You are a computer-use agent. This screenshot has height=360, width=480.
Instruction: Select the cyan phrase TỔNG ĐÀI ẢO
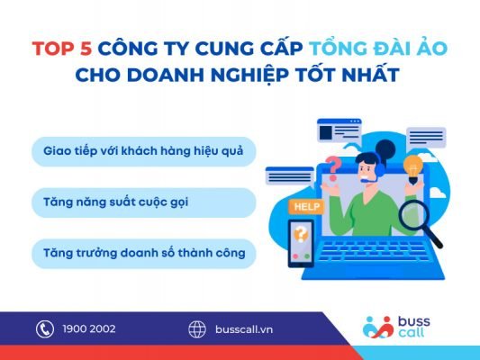pyautogui.click(x=355, y=49)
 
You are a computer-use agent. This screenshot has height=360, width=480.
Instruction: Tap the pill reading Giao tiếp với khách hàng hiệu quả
pyautogui.click(x=144, y=151)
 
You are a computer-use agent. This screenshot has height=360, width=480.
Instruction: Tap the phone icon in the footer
pyautogui.click(x=45, y=328)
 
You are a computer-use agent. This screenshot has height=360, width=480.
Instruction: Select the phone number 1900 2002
pyautogui.click(x=90, y=329)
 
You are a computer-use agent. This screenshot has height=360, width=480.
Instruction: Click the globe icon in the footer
pyautogui.click(x=197, y=328)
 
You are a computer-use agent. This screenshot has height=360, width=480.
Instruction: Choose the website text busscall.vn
pyautogui.click(x=243, y=329)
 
